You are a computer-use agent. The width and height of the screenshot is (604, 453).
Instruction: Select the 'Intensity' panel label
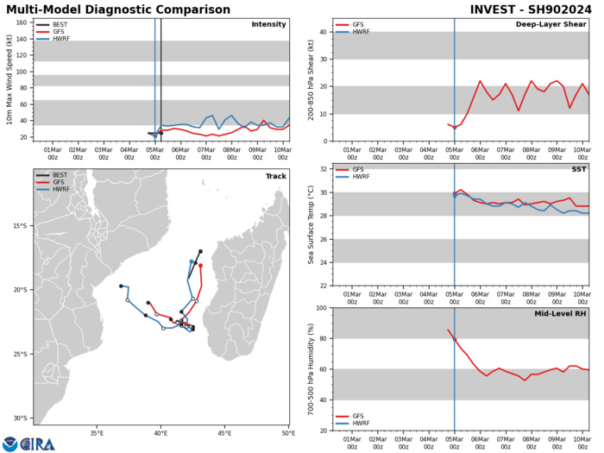coord(268,24)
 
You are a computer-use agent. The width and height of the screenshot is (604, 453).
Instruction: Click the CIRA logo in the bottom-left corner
coord(28,443)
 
